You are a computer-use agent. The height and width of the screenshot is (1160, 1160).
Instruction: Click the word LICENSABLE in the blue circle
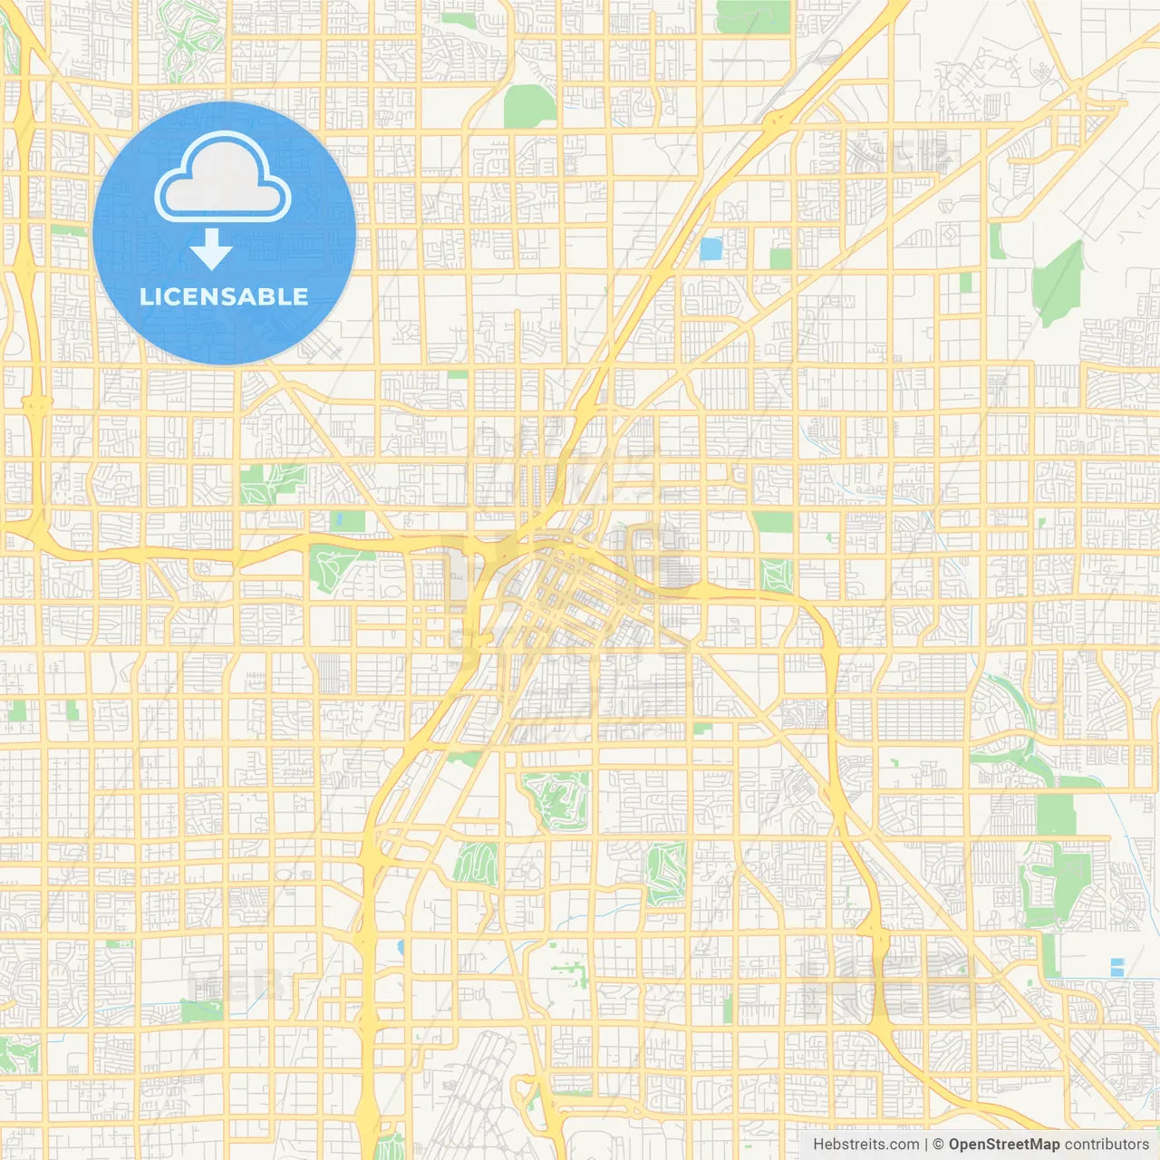(x=224, y=296)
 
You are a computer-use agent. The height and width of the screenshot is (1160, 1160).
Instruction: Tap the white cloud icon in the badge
(x=223, y=179)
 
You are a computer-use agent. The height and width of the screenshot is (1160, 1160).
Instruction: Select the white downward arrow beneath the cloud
(x=212, y=249)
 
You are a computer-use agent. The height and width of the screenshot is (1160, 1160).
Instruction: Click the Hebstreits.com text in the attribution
(x=865, y=1145)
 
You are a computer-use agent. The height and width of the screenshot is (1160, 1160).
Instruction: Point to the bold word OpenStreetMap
(x=1003, y=1145)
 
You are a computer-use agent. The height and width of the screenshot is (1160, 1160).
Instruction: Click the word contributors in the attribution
(x=1106, y=1145)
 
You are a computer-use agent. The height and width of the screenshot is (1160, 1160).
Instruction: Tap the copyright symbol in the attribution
(x=938, y=1145)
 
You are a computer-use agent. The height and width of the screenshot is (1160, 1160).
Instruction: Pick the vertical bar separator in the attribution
(x=926, y=1145)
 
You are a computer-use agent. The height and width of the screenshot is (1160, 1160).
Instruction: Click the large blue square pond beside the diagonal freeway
(x=711, y=248)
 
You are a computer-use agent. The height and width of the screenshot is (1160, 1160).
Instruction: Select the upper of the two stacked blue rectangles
(x=1116, y=962)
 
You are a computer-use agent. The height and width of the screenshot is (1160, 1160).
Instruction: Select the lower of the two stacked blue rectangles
(x=1116, y=971)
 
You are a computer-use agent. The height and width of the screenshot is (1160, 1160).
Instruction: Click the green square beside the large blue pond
(x=780, y=258)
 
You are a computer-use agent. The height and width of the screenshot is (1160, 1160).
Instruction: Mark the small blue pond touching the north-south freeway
(x=400, y=948)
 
